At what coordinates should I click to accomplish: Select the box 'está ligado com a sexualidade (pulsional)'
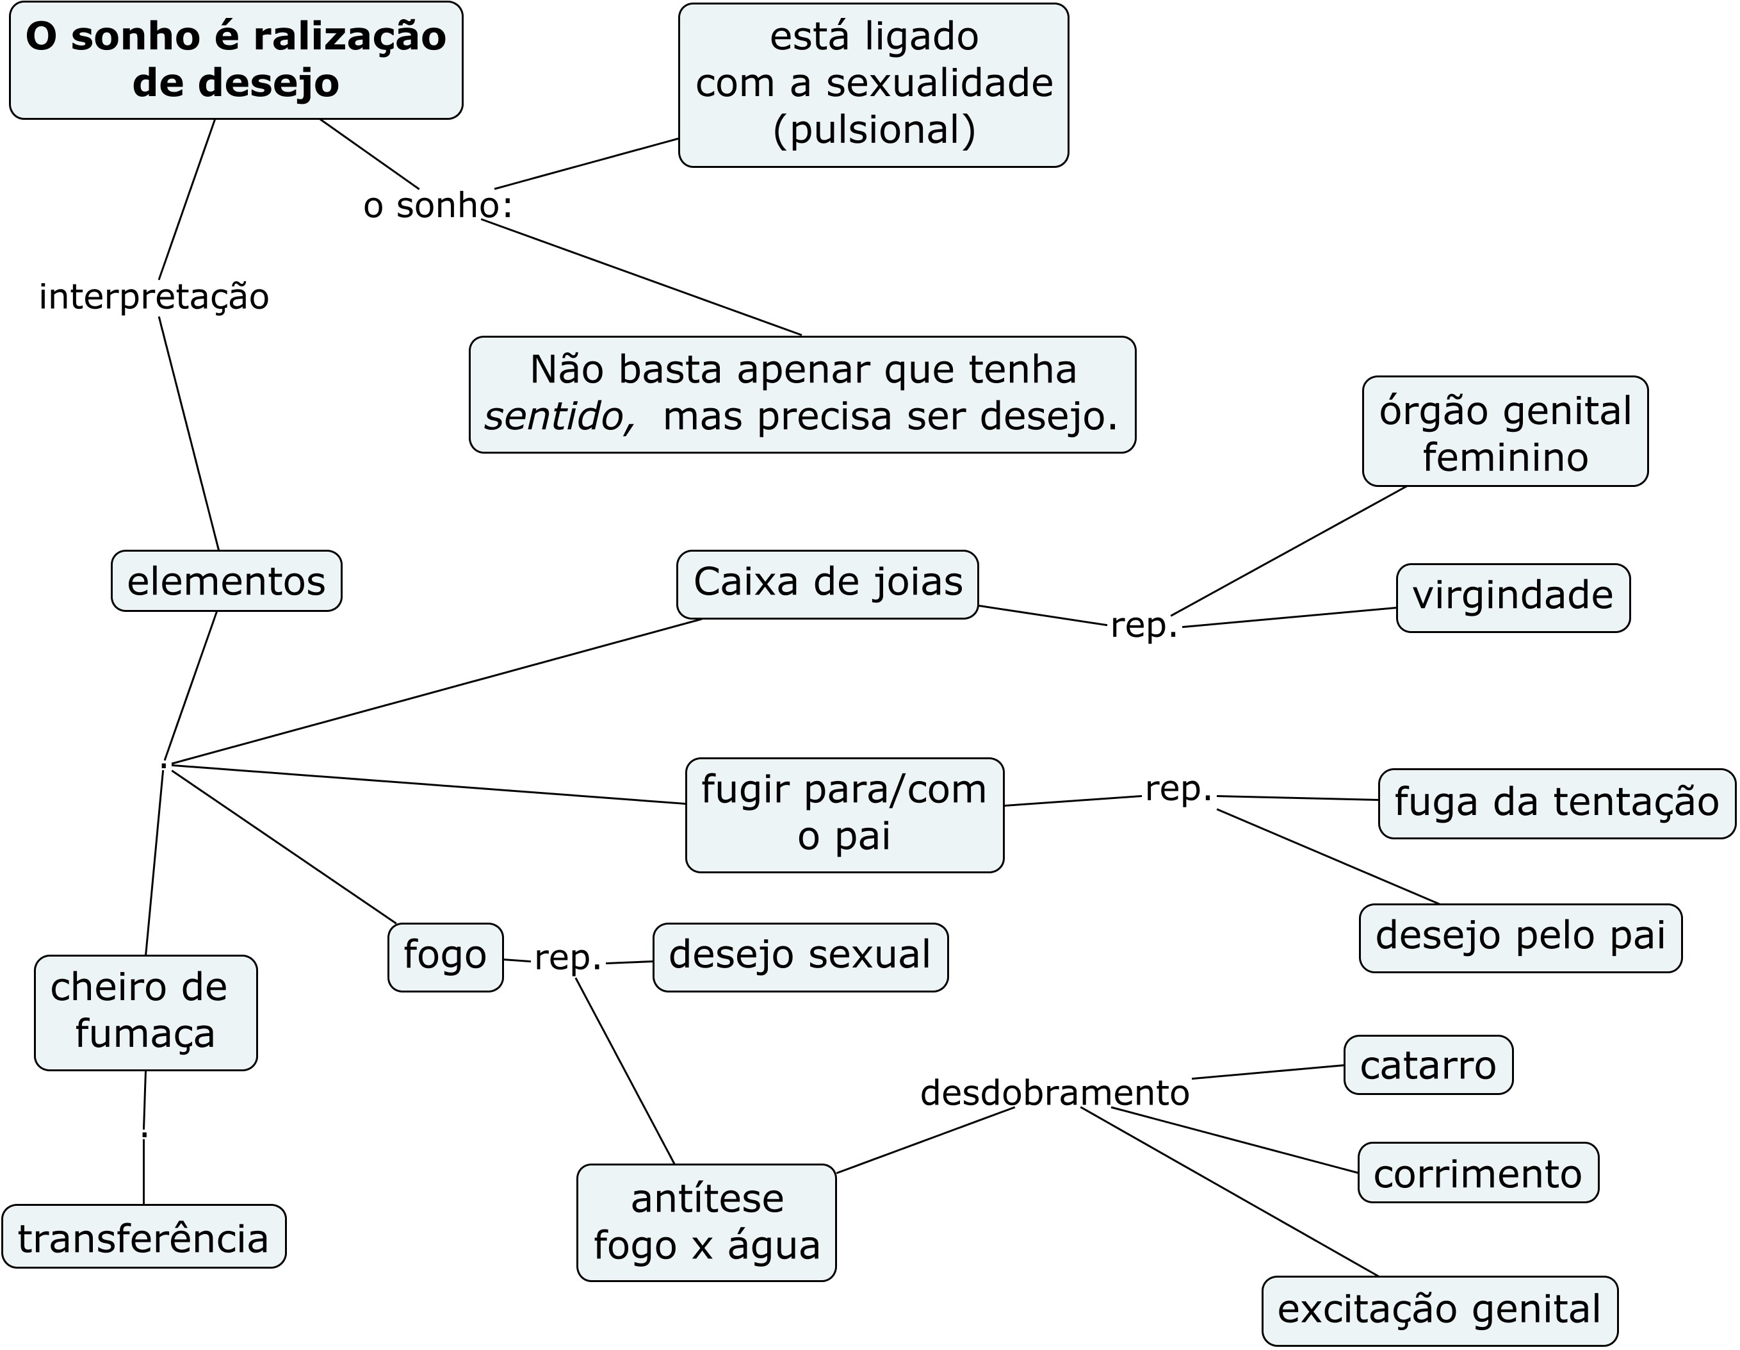coord(873,85)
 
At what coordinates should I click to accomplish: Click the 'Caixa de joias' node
coord(828,584)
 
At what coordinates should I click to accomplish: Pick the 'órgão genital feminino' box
coord(1505,432)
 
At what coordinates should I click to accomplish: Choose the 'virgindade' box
coord(1513,598)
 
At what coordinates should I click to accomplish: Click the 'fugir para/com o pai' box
coord(845,814)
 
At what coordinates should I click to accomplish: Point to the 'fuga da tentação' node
coord(1557,803)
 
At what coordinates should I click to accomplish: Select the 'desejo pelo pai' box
coord(1520,938)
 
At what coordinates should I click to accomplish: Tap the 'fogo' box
coord(445,957)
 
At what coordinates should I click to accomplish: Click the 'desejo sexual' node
coord(800,957)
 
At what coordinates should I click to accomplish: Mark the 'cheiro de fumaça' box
coord(146,1012)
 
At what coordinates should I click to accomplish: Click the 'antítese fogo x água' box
coord(706,1222)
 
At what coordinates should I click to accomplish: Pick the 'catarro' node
coord(1427,1066)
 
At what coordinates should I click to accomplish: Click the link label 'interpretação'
coord(154,297)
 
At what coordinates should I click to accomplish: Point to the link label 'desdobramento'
coord(1055,1092)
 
